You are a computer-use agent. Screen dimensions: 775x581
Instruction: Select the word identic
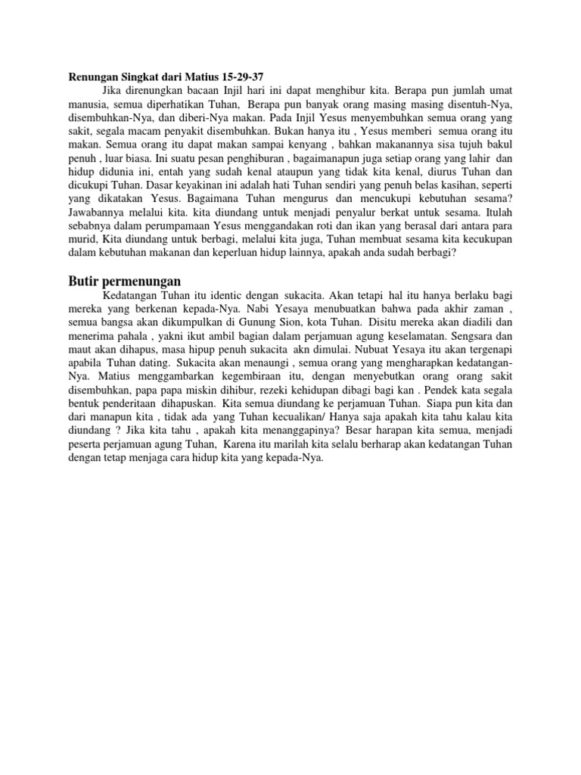click(223, 296)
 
